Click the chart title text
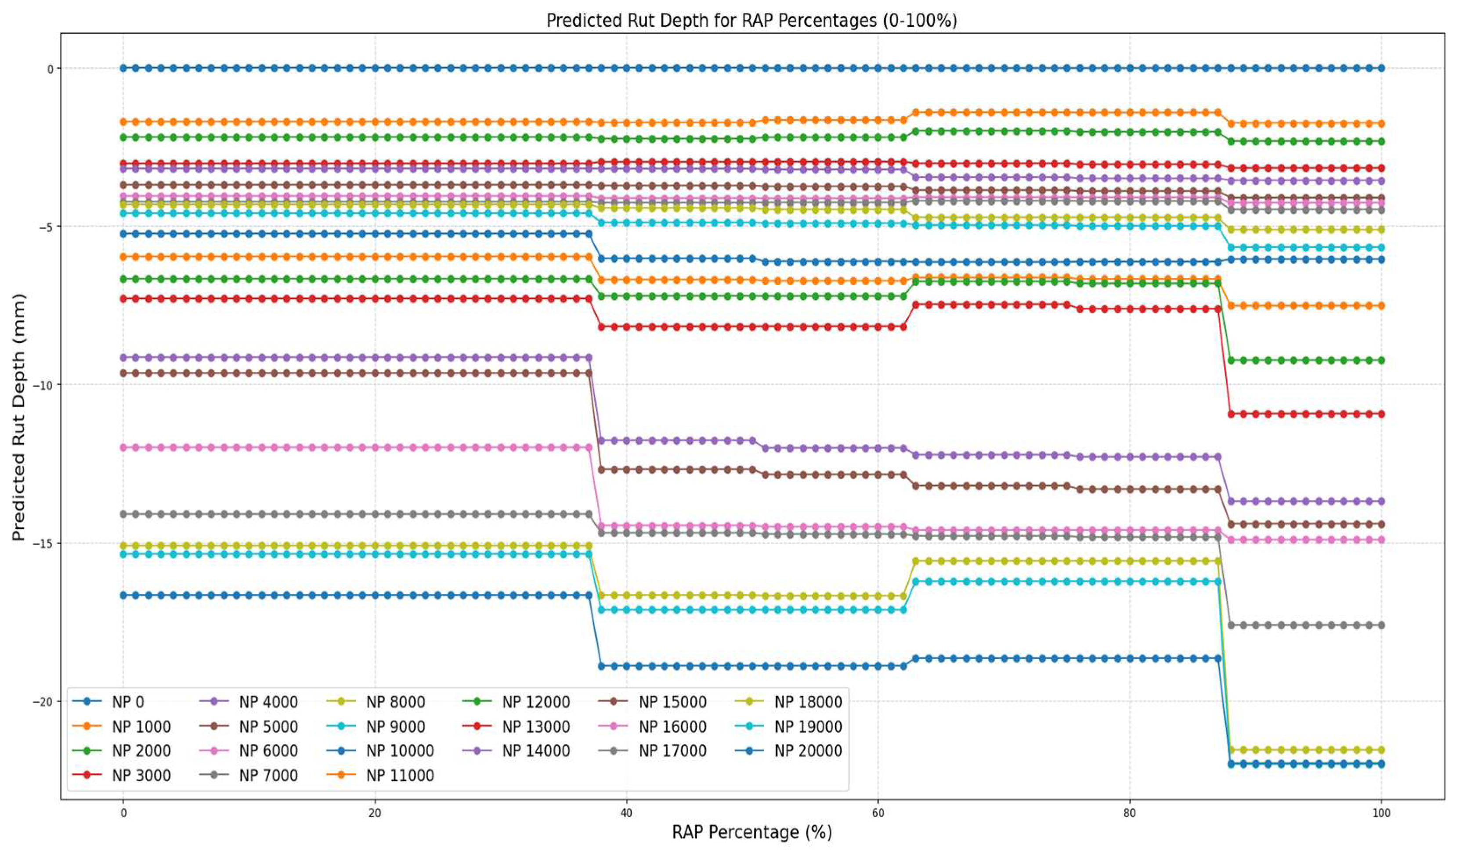point(752,21)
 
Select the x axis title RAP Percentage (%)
point(752,832)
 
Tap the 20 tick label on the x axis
point(375,813)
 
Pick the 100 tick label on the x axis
point(1381,813)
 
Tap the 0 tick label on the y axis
point(50,69)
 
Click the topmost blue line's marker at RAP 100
point(1381,68)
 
